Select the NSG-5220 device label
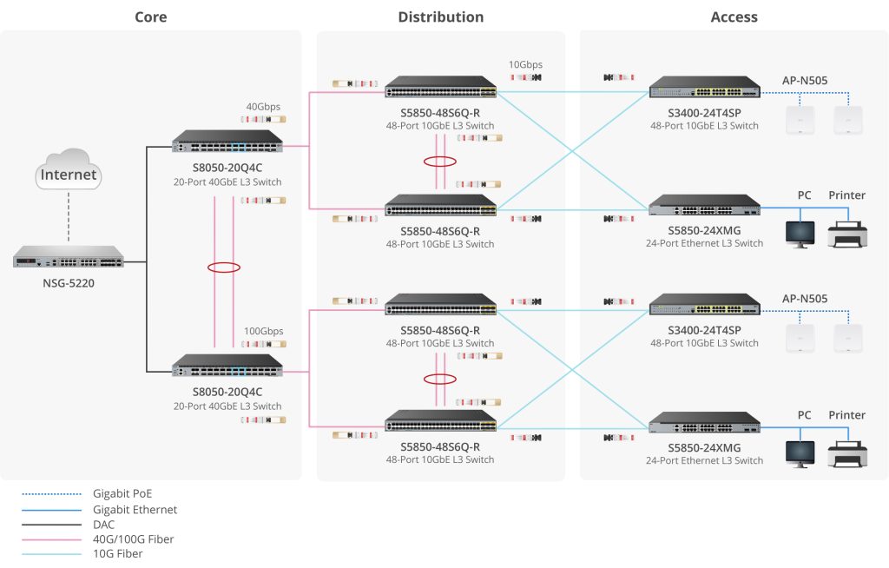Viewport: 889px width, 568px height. [69, 282]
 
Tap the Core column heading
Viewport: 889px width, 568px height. [151, 17]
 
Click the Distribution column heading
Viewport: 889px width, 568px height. [441, 17]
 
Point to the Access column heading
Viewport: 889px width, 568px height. [734, 17]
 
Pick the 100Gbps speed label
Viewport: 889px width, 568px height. [263, 331]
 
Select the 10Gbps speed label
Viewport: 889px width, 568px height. [525, 64]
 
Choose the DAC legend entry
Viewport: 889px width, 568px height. [104, 525]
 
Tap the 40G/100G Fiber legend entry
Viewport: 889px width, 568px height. [133, 539]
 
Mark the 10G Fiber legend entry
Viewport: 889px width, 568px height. [118, 554]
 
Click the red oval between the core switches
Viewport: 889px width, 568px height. [223, 267]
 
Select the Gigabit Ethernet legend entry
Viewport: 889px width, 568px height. [135, 510]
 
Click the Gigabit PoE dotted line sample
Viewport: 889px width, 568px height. [51, 494]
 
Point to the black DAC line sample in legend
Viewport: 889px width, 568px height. [51, 525]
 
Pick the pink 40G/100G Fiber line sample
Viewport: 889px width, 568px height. [51, 539]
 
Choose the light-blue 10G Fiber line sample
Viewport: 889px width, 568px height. [51, 554]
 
